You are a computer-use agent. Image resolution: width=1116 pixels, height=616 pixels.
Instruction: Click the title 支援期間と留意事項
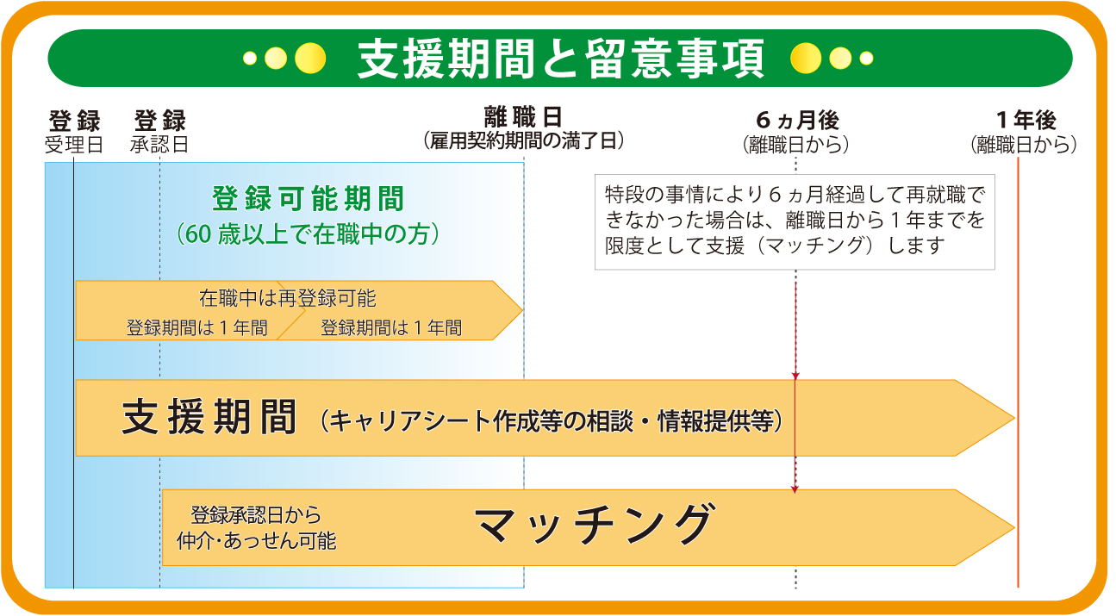coord(560,59)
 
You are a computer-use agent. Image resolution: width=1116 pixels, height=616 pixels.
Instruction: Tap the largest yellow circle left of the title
coord(310,59)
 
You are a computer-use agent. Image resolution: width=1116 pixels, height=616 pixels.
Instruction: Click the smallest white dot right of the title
coord(866,59)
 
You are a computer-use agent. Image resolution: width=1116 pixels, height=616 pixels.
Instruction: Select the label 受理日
coord(74,145)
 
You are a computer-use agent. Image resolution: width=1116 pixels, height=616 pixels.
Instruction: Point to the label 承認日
coord(159,145)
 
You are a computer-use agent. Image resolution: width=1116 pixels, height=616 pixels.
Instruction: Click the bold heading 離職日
coord(524,117)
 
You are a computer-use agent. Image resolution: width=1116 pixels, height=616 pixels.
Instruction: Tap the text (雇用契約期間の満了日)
coord(524,141)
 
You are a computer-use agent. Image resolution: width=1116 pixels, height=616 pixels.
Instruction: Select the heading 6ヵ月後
coord(798,120)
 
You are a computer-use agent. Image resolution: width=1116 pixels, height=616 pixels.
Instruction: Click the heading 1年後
coord(1026,120)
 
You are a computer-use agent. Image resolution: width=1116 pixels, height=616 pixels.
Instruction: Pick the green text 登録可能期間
coord(308,199)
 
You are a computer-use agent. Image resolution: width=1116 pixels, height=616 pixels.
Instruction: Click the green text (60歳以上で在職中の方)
coord(308,234)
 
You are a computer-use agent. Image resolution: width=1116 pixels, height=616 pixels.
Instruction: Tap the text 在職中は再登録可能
coord(288,298)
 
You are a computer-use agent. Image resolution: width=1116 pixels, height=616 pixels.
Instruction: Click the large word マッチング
coord(595,524)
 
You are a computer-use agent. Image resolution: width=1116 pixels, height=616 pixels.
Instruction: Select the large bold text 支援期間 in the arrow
coord(209,417)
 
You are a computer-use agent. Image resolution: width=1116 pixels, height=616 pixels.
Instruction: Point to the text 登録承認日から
coord(256,515)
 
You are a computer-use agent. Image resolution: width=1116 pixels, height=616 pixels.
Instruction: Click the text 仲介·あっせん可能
coord(257,541)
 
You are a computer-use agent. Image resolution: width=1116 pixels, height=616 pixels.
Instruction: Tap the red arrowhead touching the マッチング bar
coord(795,490)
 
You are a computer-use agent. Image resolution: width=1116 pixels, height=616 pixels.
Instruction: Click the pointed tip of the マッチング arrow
coord(1014,527)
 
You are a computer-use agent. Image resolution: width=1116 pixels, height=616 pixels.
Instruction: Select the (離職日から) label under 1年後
coord(1024,145)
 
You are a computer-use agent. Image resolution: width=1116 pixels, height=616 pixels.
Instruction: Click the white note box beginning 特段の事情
coord(795,222)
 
